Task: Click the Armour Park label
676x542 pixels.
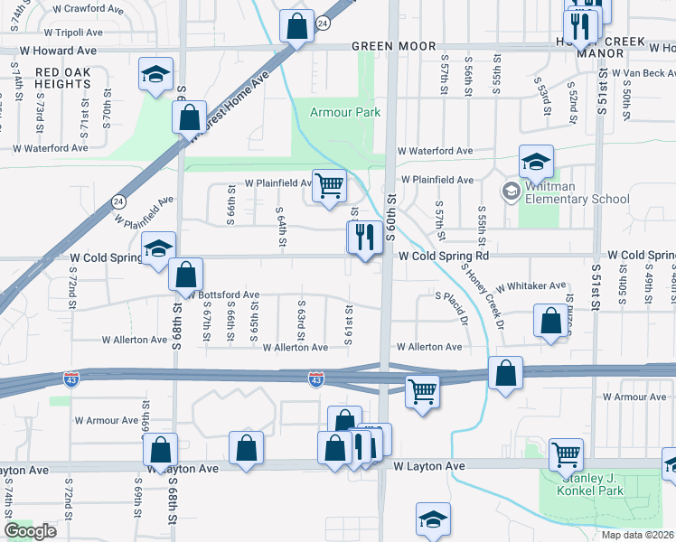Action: (x=344, y=113)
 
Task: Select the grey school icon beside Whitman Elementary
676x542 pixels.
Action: (x=511, y=191)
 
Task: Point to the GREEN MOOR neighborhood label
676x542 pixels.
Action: (x=393, y=46)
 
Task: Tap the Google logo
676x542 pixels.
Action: (x=31, y=531)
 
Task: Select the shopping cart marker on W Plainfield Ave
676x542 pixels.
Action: (x=330, y=185)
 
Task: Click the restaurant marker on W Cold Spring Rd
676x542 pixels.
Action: (x=364, y=238)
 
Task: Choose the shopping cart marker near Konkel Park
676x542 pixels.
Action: (x=567, y=453)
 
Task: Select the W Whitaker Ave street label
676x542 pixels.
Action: (x=530, y=285)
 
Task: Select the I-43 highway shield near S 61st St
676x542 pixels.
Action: (x=315, y=379)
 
